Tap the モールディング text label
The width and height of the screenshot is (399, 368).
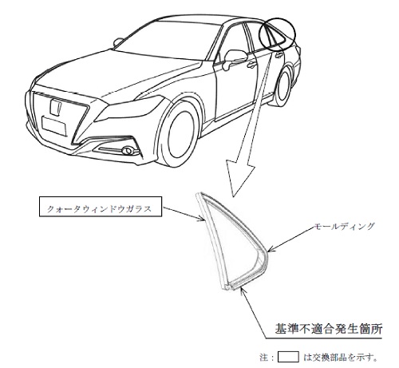pyautogui.click(x=344, y=227)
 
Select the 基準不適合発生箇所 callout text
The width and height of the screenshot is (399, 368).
pyautogui.click(x=329, y=329)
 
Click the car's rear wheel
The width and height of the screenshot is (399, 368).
pyautogui.click(x=282, y=85)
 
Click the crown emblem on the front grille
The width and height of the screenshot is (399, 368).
pyautogui.click(x=56, y=107)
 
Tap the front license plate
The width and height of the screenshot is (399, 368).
pyautogui.click(x=54, y=126)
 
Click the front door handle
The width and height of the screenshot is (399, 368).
pyautogui.click(x=251, y=64)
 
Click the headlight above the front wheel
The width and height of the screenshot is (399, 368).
pyautogui.click(x=130, y=109)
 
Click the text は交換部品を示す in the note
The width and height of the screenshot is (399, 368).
pyautogui.click(x=341, y=357)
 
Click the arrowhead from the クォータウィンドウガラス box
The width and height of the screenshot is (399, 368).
pyautogui.click(x=201, y=219)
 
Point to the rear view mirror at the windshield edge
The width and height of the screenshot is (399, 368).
pyautogui.click(x=118, y=42)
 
